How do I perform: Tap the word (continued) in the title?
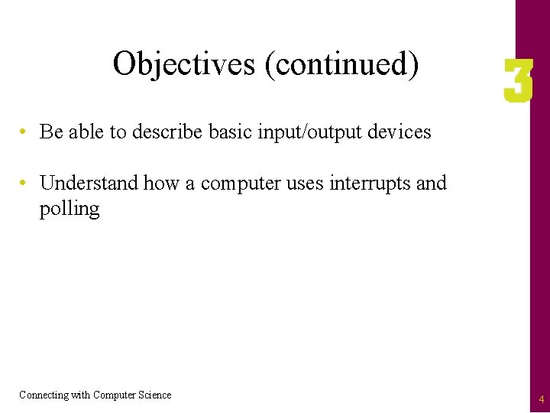(x=341, y=64)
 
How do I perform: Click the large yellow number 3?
(x=518, y=82)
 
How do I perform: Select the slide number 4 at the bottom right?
(x=541, y=399)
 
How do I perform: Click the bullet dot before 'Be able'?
(x=25, y=132)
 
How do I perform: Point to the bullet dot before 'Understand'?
(x=25, y=184)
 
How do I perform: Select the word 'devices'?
(x=400, y=132)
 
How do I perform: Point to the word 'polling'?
(x=70, y=210)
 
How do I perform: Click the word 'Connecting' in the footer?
(x=44, y=395)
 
